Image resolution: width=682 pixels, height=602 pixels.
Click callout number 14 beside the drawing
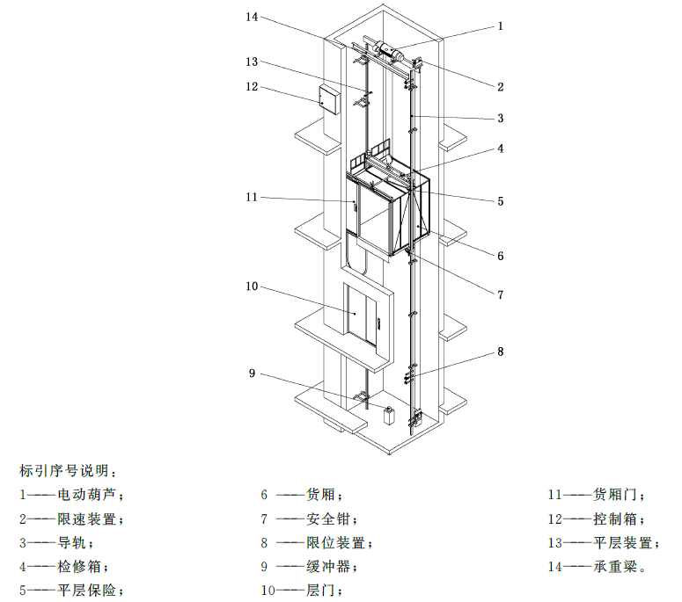click(252, 17)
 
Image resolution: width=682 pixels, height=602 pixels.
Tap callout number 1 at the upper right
click(500, 26)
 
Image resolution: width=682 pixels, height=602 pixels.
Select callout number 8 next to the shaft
click(500, 352)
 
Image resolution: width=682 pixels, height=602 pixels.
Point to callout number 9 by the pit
click(252, 374)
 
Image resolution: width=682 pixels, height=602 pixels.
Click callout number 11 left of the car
click(252, 197)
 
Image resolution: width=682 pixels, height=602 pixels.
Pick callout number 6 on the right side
click(500, 256)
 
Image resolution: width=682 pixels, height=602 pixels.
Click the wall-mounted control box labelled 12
click(329, 100)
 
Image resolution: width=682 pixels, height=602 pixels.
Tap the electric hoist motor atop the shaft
click(390, 50)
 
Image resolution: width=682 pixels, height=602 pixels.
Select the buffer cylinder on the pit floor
click(389, 415)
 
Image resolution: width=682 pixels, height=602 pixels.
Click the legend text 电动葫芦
click(87, 495)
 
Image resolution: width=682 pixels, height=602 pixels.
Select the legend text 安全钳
click(328, 519)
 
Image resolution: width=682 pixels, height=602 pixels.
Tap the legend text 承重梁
click(615, 566)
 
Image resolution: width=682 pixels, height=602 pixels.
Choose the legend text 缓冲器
click(328, 566)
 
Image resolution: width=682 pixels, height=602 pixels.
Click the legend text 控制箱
click(615, 519)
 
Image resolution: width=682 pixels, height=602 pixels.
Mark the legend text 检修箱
click(79, 566)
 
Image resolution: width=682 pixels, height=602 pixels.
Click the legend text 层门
click(320, 591)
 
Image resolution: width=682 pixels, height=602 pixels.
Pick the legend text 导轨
click(72, 542)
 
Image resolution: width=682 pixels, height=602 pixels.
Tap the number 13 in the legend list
click(554, 543)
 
